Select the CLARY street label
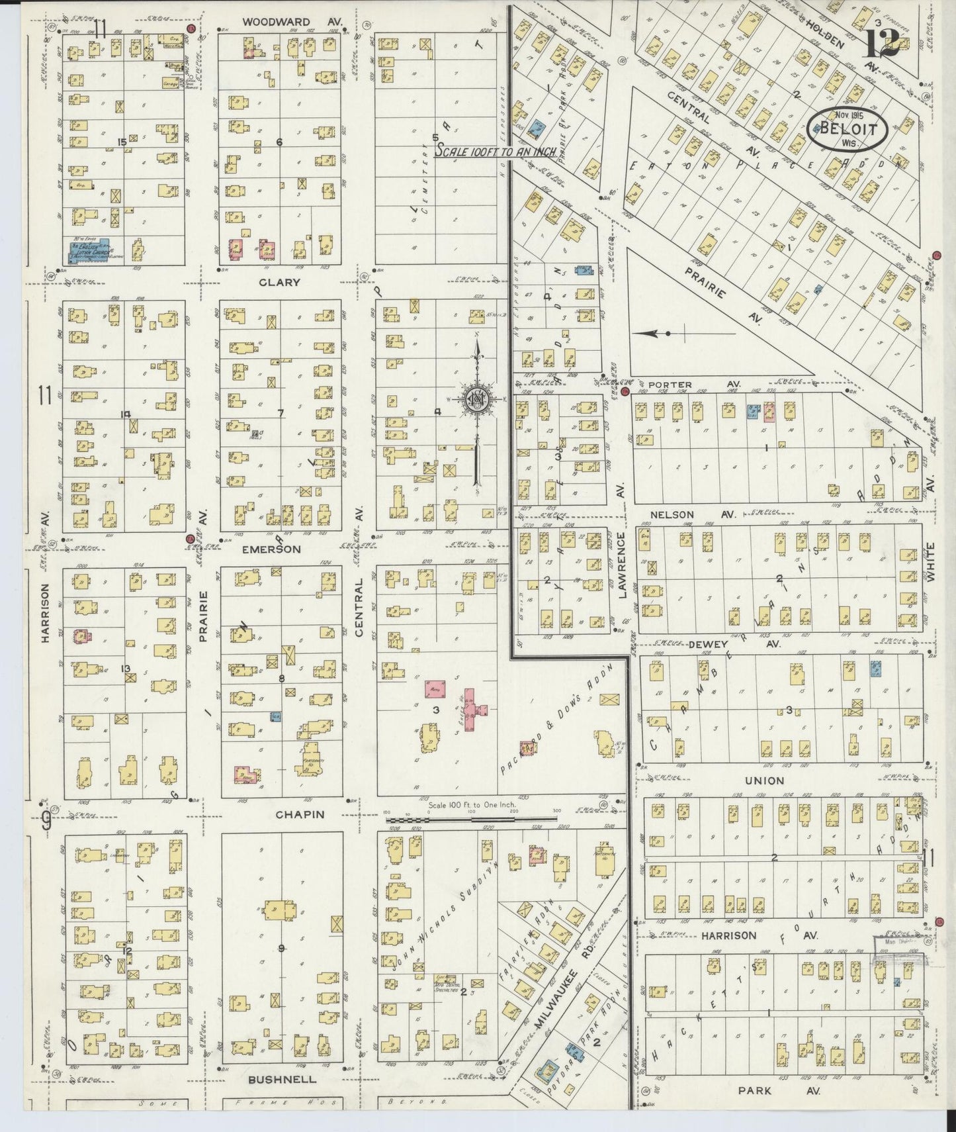[x=279, y=282]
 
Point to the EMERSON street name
[x=271, y=549]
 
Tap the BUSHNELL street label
[x=282, y=1079]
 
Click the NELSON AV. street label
[x=690, y=514]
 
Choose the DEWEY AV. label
[x=726, y=643]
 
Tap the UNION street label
[x=764, y=780]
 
